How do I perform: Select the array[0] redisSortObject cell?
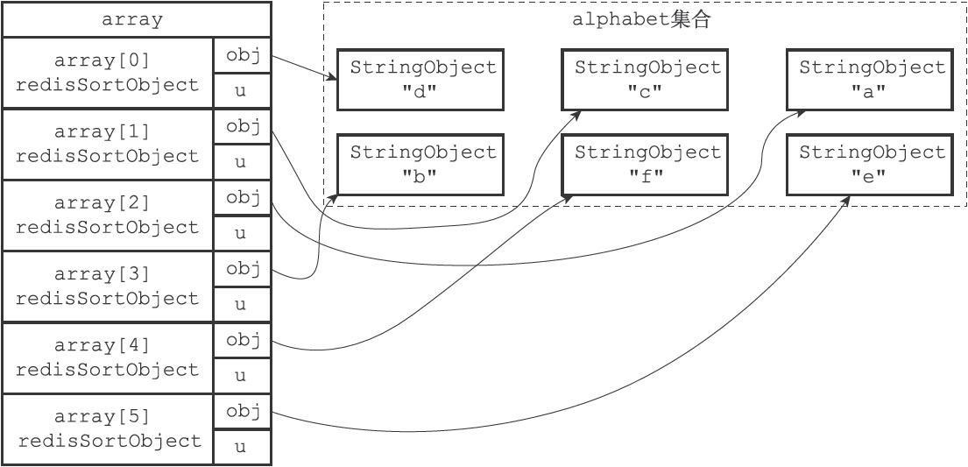[108, 73]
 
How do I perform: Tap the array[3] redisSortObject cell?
[108, 287]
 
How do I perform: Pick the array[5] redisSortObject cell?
[108, 429]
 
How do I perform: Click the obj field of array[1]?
[243, 127]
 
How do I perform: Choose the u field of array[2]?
[243, 234]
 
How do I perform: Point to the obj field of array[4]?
[243, 341]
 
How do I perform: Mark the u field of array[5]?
[243, 448]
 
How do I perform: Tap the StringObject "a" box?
[871, 80]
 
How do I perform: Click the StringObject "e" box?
[871, 165]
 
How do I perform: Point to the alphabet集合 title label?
[640, 20]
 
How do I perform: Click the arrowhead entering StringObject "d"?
[333, 80]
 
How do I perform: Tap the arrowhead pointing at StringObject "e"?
[848, 199]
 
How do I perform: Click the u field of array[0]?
[243, 91]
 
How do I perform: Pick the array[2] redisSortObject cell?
[108, 216]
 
